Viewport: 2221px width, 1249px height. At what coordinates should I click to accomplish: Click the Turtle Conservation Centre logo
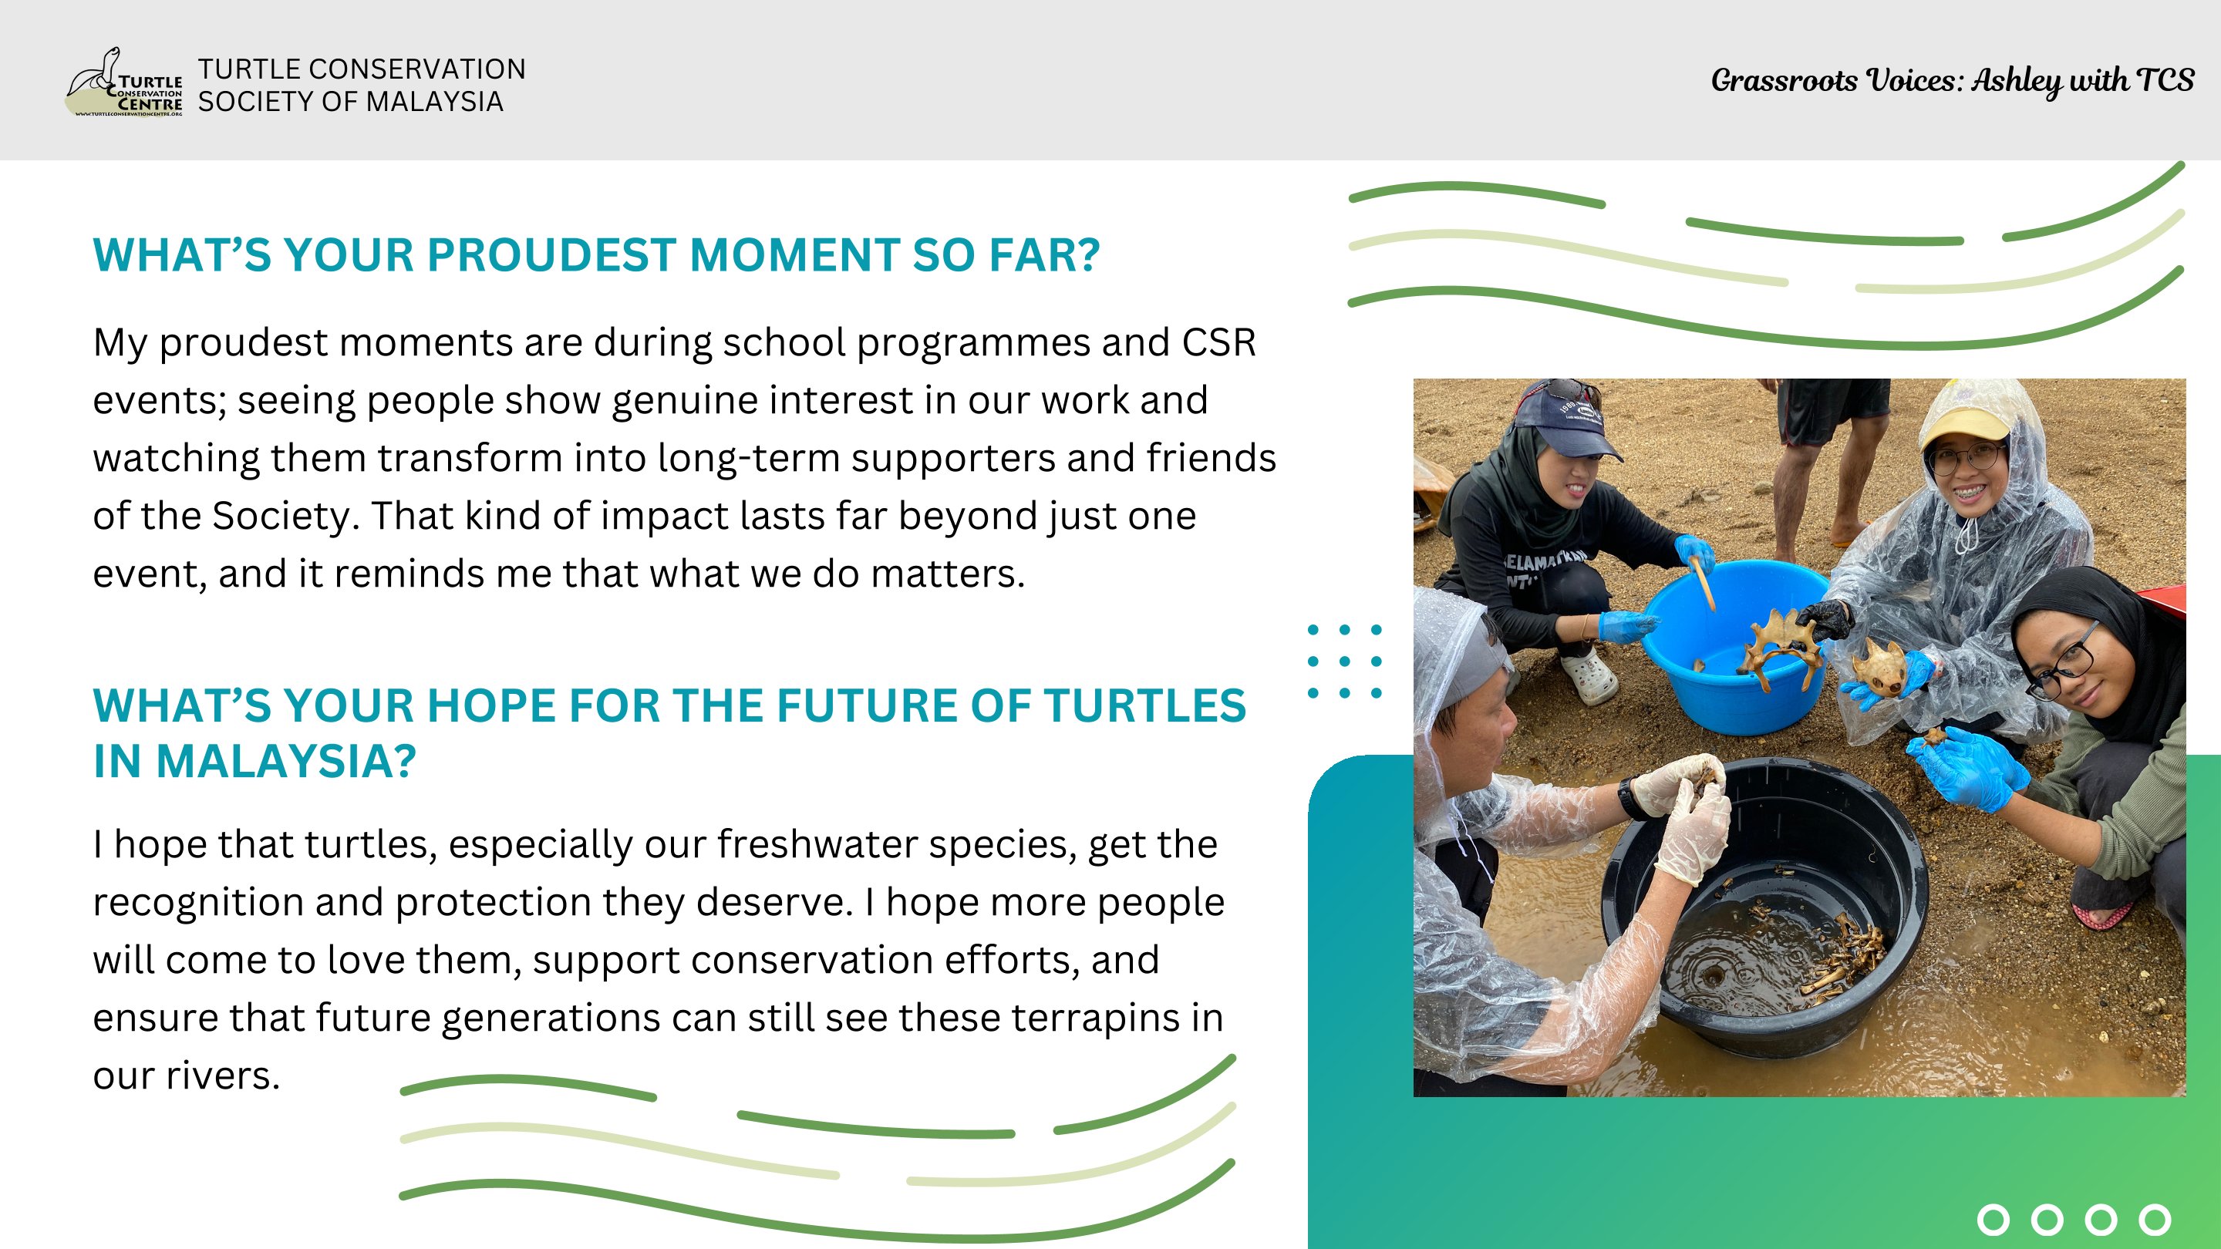click(x=124, y=82)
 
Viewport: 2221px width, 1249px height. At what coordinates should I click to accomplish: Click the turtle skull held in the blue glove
click(x=1879, y=666)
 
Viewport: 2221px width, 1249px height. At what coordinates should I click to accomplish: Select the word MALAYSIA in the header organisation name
click(x=440, y=102)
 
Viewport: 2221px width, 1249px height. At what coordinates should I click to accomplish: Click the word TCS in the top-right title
click(x=2165, y=80)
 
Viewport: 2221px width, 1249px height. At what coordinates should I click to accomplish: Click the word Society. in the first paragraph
click(x=285, y=517)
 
